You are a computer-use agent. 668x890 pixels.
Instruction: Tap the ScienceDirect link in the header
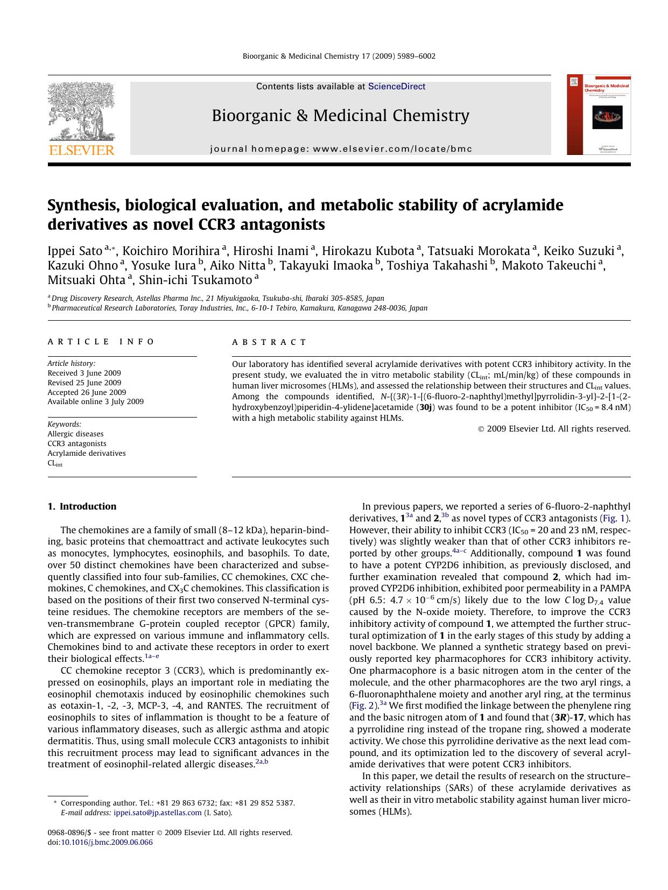(397, 87)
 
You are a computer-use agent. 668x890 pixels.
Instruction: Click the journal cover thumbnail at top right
(599, 115)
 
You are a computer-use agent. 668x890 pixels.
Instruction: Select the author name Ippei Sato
(75, 251)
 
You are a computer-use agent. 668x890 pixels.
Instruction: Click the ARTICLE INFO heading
(101, 342)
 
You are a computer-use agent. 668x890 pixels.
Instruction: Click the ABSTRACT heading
(269, 342)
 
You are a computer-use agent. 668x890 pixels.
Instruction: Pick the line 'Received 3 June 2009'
(84, 373)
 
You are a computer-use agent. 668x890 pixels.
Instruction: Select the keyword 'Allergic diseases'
(75, 434)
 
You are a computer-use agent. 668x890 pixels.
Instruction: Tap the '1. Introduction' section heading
(82, 506)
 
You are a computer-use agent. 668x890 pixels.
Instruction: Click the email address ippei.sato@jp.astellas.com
(157, 813)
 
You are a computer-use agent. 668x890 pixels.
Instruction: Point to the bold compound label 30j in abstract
(425, 407)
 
